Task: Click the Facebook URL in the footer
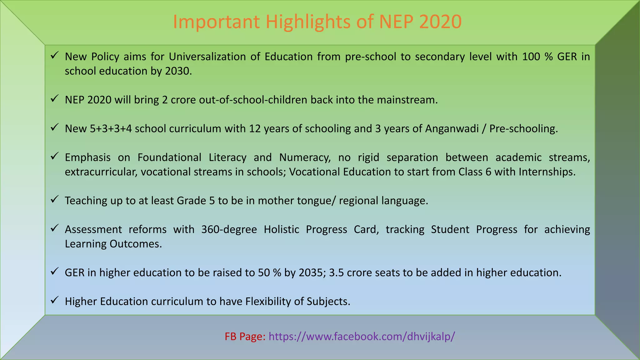pos(362,337)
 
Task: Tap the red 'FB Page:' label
pos(245,337)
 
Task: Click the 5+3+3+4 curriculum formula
pos(111,129)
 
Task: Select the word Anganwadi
pos(452,129)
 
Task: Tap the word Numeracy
pos(305,157)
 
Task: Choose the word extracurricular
pos(101,172)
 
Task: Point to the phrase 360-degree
pos(229,230)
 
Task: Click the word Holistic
pos(281,230)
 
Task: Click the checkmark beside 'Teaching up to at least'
pos(55,199)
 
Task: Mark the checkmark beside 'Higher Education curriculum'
pos(55,300)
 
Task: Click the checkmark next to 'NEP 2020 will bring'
pos(55,98)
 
